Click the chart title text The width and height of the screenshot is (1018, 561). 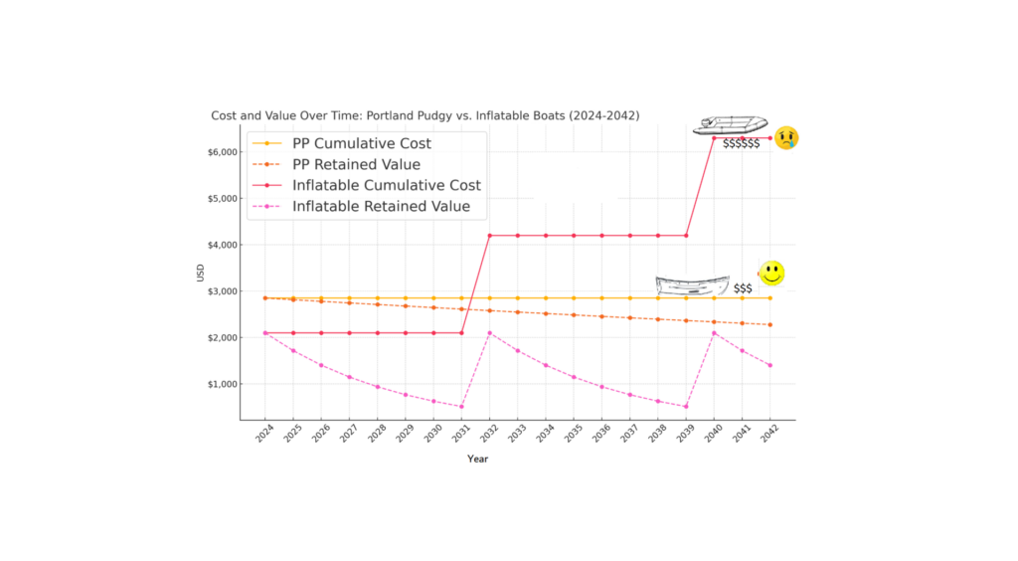424,116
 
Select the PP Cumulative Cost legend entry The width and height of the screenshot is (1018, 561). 361,143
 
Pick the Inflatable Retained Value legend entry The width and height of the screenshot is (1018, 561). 381,207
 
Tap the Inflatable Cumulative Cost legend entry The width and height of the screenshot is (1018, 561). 386,186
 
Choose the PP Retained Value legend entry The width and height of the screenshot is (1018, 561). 356,164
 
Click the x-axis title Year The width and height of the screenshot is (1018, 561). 478,460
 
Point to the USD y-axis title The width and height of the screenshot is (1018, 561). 201,271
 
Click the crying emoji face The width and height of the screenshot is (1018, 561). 787,137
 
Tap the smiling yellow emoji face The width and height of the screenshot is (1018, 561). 770,273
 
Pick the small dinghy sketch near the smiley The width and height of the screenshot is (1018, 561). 691,284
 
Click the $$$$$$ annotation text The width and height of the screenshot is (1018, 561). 742,144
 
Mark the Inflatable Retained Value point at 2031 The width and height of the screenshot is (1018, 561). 461,406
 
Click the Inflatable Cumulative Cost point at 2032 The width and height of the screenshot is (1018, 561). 489,236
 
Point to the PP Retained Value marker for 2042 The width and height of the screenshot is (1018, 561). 769,324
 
